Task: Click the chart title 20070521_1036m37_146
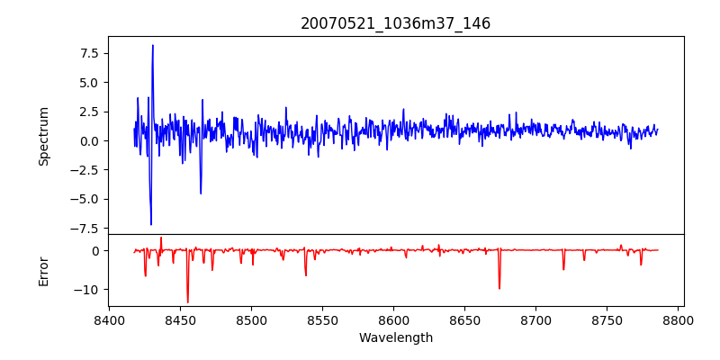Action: (x=395, y=23)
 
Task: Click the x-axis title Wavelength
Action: (x=395, y=337)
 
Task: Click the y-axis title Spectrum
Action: (x=43, y=136)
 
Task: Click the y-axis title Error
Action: (x=43, y=270)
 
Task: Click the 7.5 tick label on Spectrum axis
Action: (x=88, y=53)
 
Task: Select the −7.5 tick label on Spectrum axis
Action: (x=85, y=228)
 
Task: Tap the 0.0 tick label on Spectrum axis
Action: (x=88, y=140)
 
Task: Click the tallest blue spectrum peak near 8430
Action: (x=153, y=46)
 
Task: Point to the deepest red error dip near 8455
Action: (x=187, y=301)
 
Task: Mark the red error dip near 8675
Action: (x=499, y=288)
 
